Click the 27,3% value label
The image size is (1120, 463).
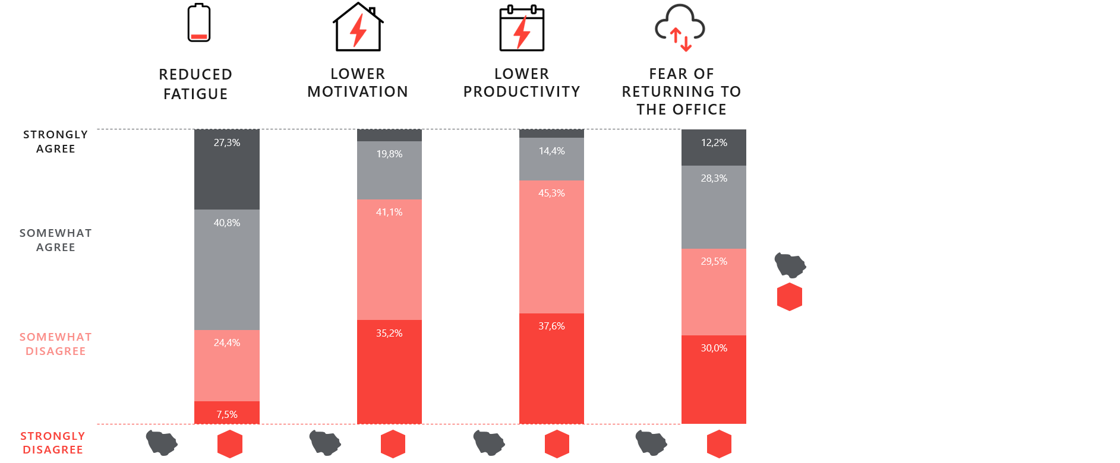tap(227, 142)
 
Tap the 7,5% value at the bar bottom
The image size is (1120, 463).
tap(227, 414)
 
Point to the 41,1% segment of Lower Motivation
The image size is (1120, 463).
tap(389, 259)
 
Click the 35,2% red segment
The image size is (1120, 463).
tap(389, 372)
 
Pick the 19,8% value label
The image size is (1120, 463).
tap(389, 154)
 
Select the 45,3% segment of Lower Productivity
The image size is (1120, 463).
tap(551, 247)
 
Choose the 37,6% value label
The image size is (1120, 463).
tap(551, 326)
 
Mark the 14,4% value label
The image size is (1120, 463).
tap(551, 151)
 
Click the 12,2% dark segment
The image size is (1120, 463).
tap(714, 148)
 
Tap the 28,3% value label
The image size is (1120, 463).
tap(714, 178)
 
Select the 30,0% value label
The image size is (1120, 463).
tap(714, 348)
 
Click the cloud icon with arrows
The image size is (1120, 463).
tap(680, 27)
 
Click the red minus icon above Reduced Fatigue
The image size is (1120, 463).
tap(199, 37)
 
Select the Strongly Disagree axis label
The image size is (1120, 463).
tap(53, 443)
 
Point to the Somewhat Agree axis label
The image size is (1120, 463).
tap(55, 240)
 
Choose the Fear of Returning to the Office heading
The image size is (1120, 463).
tap(682, 91)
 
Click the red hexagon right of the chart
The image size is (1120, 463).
tap(790, 297)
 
